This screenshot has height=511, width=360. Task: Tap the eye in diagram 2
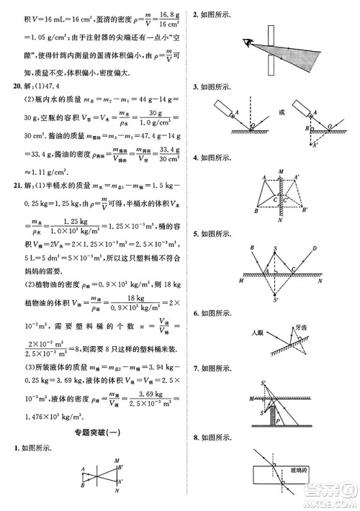(x=248, y=43)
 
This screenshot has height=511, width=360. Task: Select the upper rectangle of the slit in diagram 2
(x=269, y=31)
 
